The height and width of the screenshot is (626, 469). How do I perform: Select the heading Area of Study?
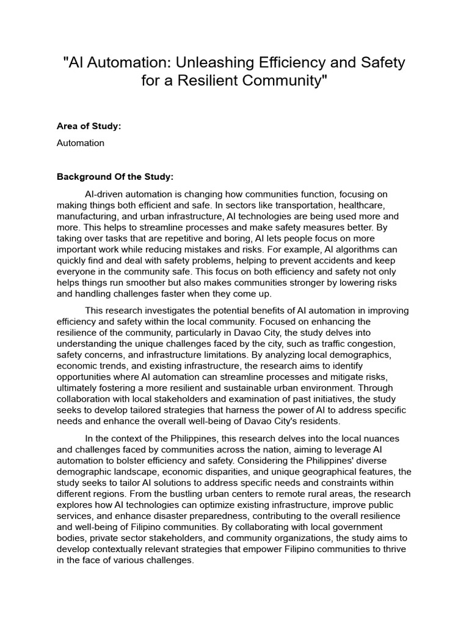coord(89,126)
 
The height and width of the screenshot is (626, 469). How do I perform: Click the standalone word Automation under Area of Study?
coord(81,143)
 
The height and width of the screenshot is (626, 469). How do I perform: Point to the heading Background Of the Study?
coord(115,177)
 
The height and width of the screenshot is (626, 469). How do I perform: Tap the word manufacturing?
coord(85,216)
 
